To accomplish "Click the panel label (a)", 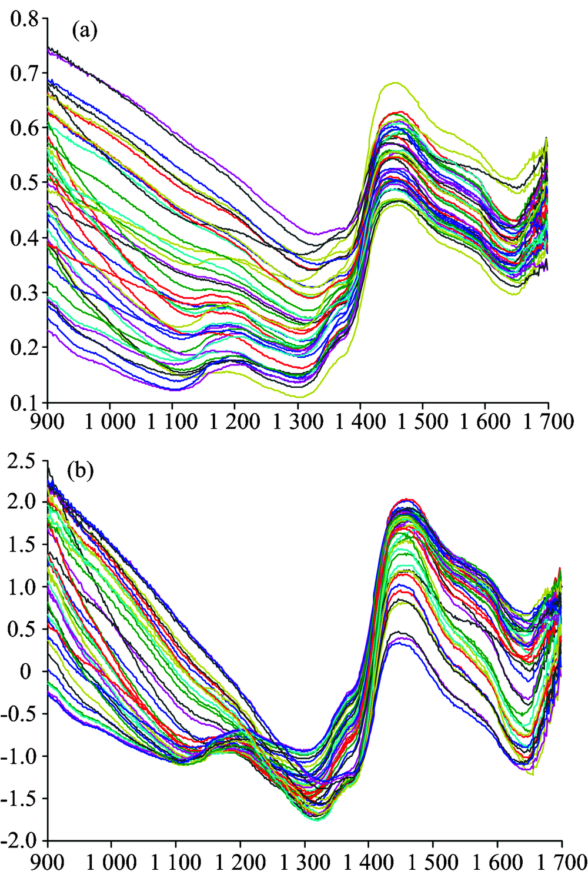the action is point(84,32).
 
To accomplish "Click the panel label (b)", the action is point(81,472).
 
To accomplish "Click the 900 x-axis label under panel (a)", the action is point(48,422).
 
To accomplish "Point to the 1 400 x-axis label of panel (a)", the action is point(360,422).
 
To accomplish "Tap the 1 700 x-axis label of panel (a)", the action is point(548,422).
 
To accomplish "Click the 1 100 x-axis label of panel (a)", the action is point(172,422).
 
